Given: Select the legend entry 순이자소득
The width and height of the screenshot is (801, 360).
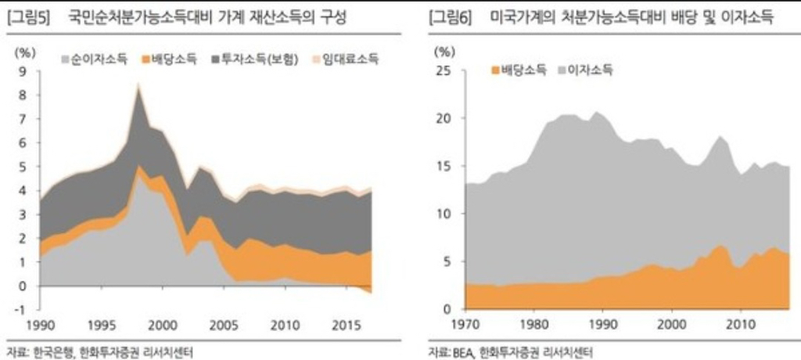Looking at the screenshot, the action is [x=95, y=59].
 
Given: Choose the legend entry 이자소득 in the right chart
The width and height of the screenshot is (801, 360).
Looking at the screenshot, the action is [x=587, y=70].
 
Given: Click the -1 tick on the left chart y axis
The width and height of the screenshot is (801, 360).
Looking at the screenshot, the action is [x=20, y=310].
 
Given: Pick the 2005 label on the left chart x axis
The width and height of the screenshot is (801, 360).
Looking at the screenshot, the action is [x=224, y=326].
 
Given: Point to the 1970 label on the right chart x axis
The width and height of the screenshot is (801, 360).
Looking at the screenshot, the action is [x=465, y=326].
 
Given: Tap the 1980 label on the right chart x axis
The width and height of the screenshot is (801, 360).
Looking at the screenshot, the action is [x=533, y=326].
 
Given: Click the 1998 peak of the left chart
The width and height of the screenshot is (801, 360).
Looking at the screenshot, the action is [x=138, y=85].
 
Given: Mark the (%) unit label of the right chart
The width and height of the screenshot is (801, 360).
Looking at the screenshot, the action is [x=444, y=51].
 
